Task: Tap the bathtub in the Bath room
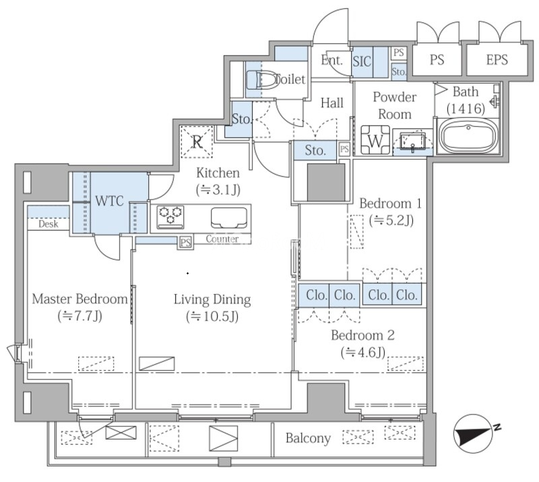coord(468,137)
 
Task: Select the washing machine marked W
coord(375,140)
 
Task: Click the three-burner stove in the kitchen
coord(170,216)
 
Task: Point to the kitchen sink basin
coord(228,218)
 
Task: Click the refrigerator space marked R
coord(197,142)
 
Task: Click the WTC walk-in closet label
coord(109,201)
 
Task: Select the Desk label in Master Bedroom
coord(49,224)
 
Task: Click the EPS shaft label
coord(497,60)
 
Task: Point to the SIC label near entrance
coord(362,61)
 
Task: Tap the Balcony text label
coord(308,438)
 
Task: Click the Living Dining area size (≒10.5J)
coord(212,316)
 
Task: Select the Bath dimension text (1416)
coord(466,109)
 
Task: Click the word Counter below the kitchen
coord(222,239)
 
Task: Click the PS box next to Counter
coord(185,242)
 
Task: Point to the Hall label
coord(331,102)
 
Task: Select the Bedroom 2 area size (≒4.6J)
coord(363,353)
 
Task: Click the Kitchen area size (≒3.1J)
coord(218,189)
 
